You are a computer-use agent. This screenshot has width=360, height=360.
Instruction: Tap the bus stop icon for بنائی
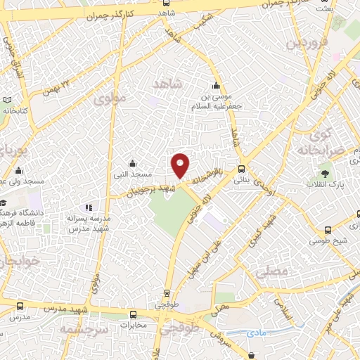tap(241, 169)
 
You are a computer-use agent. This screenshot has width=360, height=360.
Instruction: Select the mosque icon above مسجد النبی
tap(134, 163)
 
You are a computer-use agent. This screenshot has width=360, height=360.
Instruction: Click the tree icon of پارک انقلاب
tap(325, 172)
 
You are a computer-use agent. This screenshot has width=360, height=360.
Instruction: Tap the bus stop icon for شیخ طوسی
tap(328, 231)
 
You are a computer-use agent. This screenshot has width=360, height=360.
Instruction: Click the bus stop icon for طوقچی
tap(167, 294)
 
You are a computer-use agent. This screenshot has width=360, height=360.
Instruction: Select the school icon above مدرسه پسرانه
tap(88, 208)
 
